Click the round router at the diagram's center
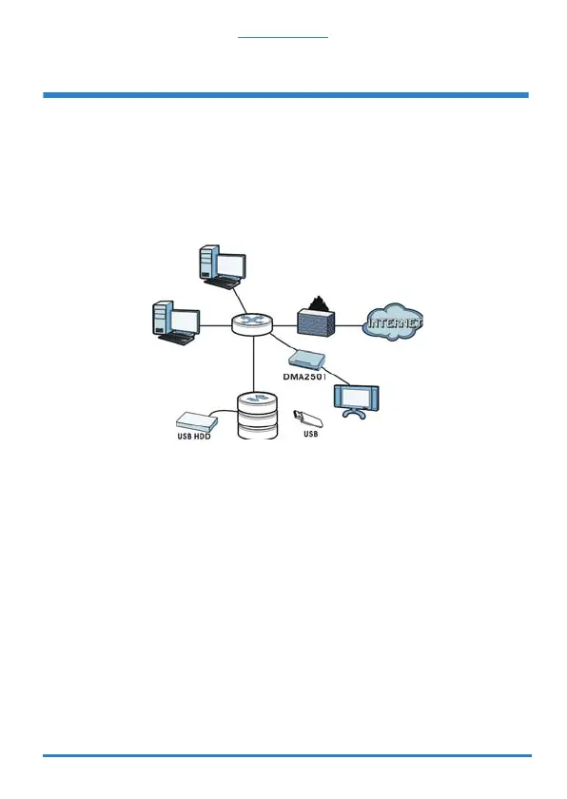click(252, 324)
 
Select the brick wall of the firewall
click(317, 323)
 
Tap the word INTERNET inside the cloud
click(395, 322)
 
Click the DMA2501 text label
click(304, 378)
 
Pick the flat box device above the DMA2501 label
click(306, 360)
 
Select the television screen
click(356, 397)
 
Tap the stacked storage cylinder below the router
click(258, 416)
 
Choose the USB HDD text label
click(193, 437)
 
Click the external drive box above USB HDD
click(197, 420)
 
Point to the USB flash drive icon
click(308, 419)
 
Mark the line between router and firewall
click(285, 325)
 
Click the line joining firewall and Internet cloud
click(349, 325)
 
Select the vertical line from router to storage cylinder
click(253, 363)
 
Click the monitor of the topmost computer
click(231, 265)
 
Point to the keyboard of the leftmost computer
click(178, 339)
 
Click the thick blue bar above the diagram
click(285, 95)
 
